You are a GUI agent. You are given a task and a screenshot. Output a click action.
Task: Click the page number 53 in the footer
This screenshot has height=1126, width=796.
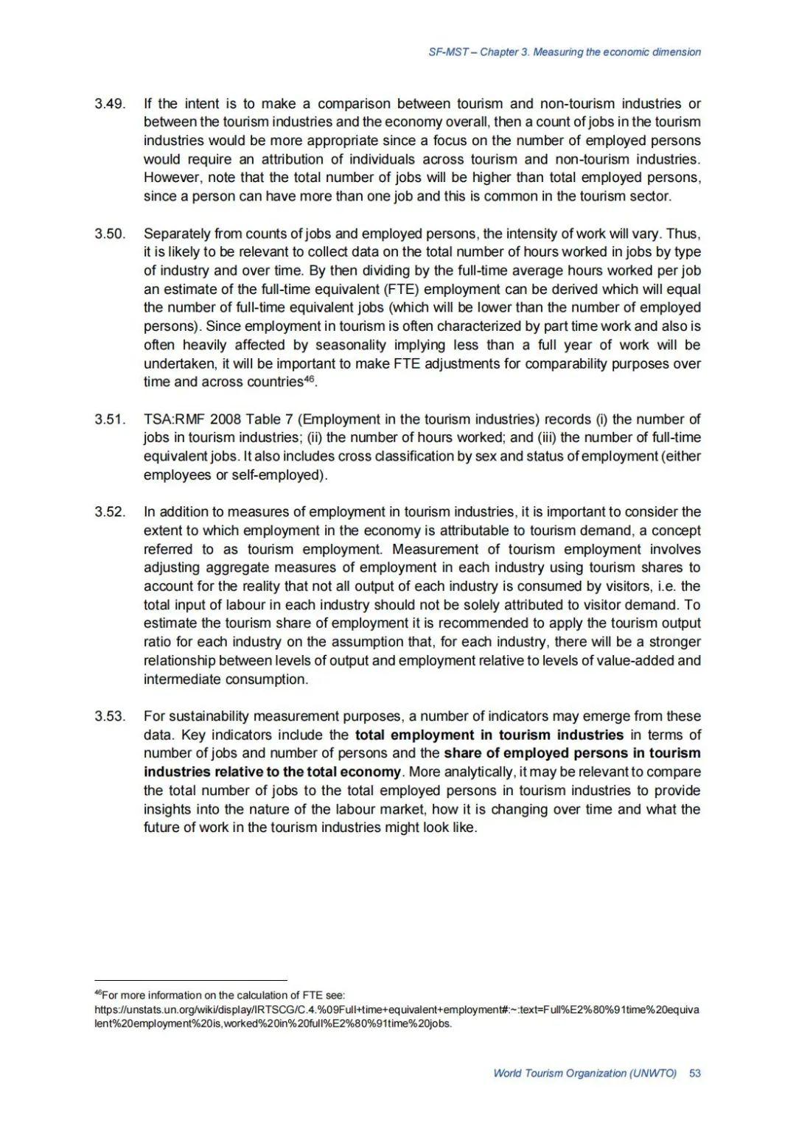(x=694, y=1073)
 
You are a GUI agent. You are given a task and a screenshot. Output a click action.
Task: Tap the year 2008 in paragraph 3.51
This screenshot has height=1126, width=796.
(x=226, y=419)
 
